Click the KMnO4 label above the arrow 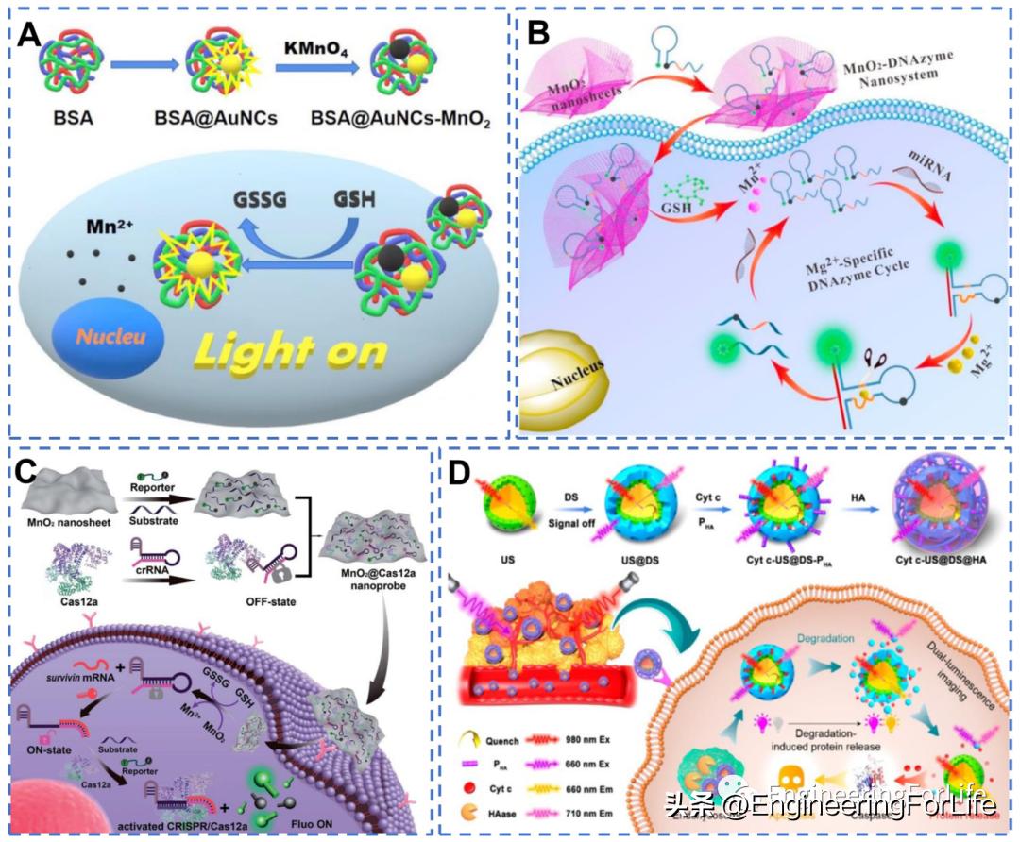[x=311, y=45]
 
